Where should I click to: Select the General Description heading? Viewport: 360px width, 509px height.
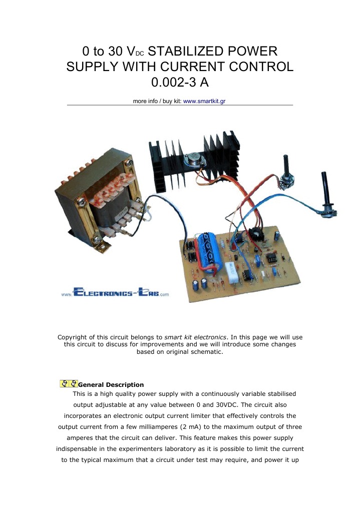[111, 385]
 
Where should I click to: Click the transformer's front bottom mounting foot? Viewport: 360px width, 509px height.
[103, 245]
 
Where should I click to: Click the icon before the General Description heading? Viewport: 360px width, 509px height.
[69, 384]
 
